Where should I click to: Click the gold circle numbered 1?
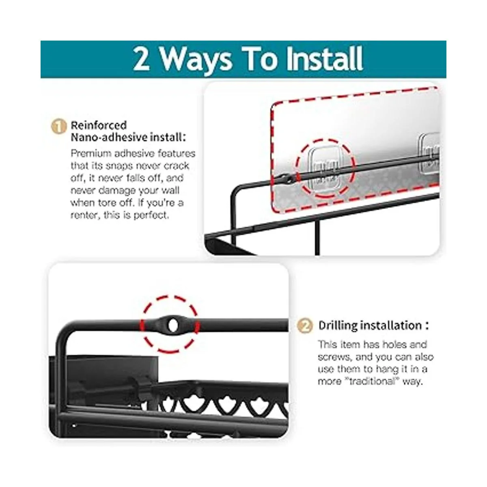tap(58, 126)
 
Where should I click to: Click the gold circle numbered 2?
tap(305, 326)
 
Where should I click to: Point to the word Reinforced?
tap(99, 125)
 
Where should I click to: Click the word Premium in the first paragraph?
tap(91, 153)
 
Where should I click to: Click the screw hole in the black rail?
tap(172, 325)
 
